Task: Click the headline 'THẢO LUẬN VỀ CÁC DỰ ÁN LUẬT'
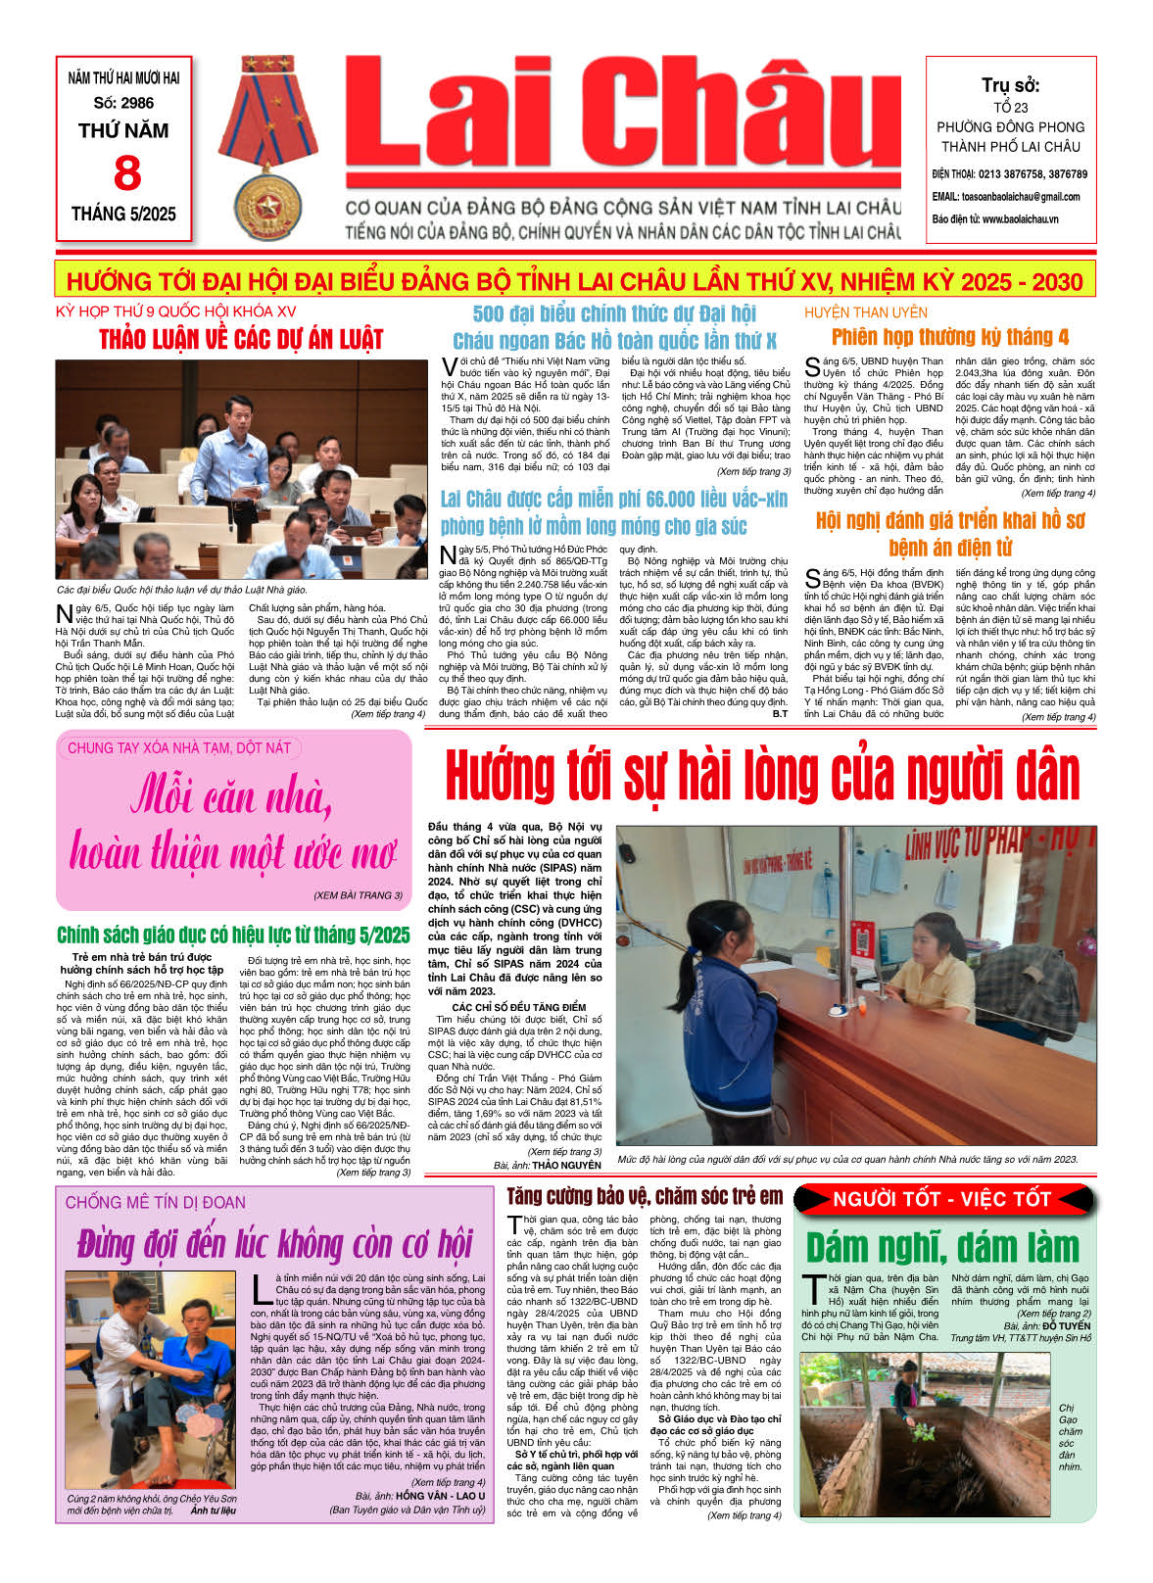click(241, 340)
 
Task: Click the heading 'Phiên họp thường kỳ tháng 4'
click(949, 338)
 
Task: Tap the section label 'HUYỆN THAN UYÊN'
click(865, 312)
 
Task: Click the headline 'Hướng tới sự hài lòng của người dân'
click(761, 777)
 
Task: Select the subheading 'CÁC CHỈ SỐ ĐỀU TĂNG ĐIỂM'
click(518, 1007)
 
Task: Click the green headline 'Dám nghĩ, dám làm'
click(941, 1248)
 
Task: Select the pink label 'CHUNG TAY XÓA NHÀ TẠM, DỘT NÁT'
click(179, 748)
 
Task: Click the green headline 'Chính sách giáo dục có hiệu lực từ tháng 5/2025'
click(233, 935)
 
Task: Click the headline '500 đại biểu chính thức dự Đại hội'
click(614, 313)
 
